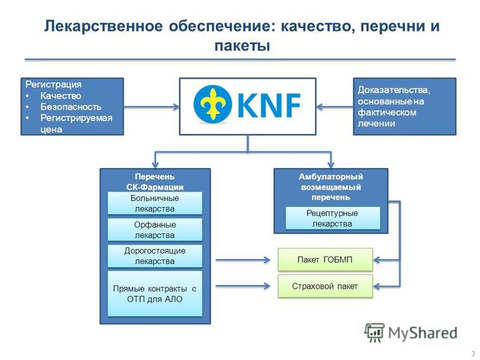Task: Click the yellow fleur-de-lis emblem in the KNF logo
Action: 212,104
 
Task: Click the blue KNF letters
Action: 269,105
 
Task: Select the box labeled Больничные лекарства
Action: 155,203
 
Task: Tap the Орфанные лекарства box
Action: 155,230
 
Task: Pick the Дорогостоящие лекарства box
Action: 155,256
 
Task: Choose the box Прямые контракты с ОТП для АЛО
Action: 155,293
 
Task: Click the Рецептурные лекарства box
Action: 333,218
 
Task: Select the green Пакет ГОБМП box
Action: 325,260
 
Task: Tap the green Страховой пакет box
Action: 325,286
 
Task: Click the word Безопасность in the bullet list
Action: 71,107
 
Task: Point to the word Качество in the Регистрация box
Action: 61,96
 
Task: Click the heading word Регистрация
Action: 53,84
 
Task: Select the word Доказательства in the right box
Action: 394,90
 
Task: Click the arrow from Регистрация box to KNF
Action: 152,107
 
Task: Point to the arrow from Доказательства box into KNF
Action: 335,107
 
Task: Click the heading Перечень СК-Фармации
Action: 155,182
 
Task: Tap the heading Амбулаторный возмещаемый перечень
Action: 331,187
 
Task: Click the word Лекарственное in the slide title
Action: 103,26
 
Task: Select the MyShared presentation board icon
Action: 374,332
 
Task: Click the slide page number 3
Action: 473,353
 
